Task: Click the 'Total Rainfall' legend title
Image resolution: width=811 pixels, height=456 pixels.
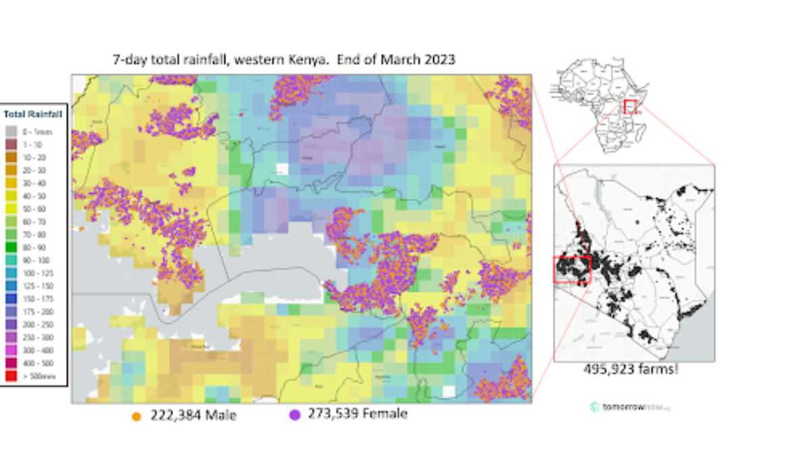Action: click(x=32, y=114)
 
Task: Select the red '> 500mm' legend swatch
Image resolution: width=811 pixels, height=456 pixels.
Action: click(x=10, y=376)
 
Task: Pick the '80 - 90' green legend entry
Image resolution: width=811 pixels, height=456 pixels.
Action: click(x=10, y=247)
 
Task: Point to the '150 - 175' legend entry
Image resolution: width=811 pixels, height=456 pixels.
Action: click(x=10, y=299)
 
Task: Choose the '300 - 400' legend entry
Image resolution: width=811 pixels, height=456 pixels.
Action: click(x=10, y=351)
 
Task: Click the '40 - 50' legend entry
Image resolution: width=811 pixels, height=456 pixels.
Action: click(x=10, y=196)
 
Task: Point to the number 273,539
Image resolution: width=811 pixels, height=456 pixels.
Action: click(x=334, y=413)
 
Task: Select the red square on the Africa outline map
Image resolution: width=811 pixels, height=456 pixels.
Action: click(x=630, y=106)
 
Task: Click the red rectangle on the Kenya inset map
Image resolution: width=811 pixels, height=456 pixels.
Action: click(x=572, y=269)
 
